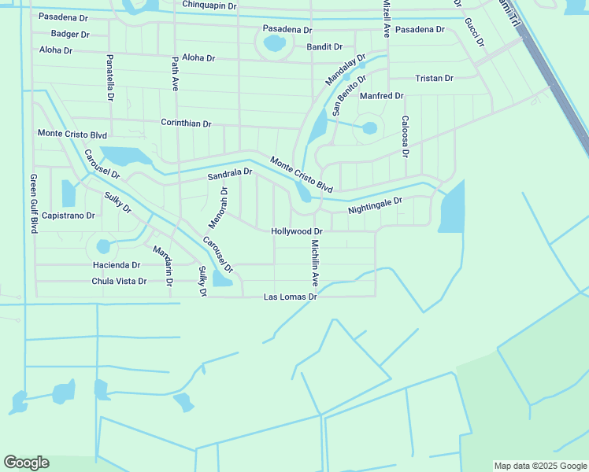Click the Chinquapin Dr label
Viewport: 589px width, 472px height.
(209, 6)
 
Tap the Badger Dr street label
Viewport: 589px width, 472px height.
(69, 34)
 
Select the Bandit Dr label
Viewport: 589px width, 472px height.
(324, 47)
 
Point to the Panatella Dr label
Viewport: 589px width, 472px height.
(110, 77)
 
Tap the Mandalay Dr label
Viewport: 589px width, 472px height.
(346, 69)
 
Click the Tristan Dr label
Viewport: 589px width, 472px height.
(434, 78)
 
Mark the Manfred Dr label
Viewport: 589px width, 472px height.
(381, 96)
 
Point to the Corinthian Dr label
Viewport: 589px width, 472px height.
(186, 124)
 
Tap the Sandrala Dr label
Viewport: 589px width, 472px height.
(229, 174)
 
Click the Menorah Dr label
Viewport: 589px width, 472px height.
(217, 203)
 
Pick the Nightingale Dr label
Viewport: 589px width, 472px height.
(375, 205)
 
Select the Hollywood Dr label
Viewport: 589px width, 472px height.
(297, 231)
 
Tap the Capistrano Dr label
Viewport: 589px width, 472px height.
(69, 215)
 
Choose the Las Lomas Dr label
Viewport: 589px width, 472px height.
(290, 297)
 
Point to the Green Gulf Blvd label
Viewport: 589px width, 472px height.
(34, 204)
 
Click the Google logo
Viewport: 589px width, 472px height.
(26, 463)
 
